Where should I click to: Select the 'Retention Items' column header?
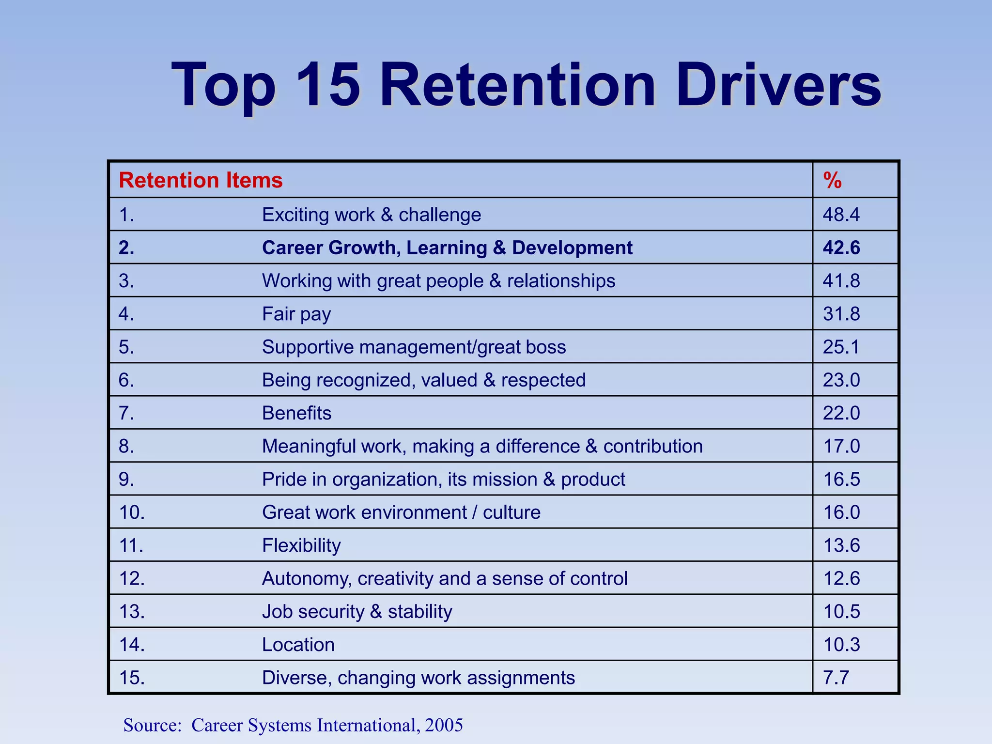click(201, 180)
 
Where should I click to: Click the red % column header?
click(832, 180)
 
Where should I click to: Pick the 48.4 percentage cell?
click(841, 215)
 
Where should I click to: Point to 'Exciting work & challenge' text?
click(372, 215)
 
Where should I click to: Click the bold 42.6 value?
click(841, 248)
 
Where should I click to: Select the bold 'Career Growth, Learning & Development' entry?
click(447, 248)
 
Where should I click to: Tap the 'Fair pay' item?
click(296, 314)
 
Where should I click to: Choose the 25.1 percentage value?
click(841, 347)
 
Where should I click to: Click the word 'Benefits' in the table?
click(296, 413)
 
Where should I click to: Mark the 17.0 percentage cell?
click(842, 446)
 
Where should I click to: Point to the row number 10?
click(132, 512)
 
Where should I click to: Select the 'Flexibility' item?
click(301, 545)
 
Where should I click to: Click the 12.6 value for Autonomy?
click(842, 578)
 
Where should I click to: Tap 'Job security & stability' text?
click(357, 611)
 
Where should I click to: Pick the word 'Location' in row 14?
click(298, 645)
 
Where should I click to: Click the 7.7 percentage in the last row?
click(836, 678)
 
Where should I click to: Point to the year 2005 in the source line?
click(444, 725)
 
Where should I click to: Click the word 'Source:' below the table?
click(152, 725)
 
